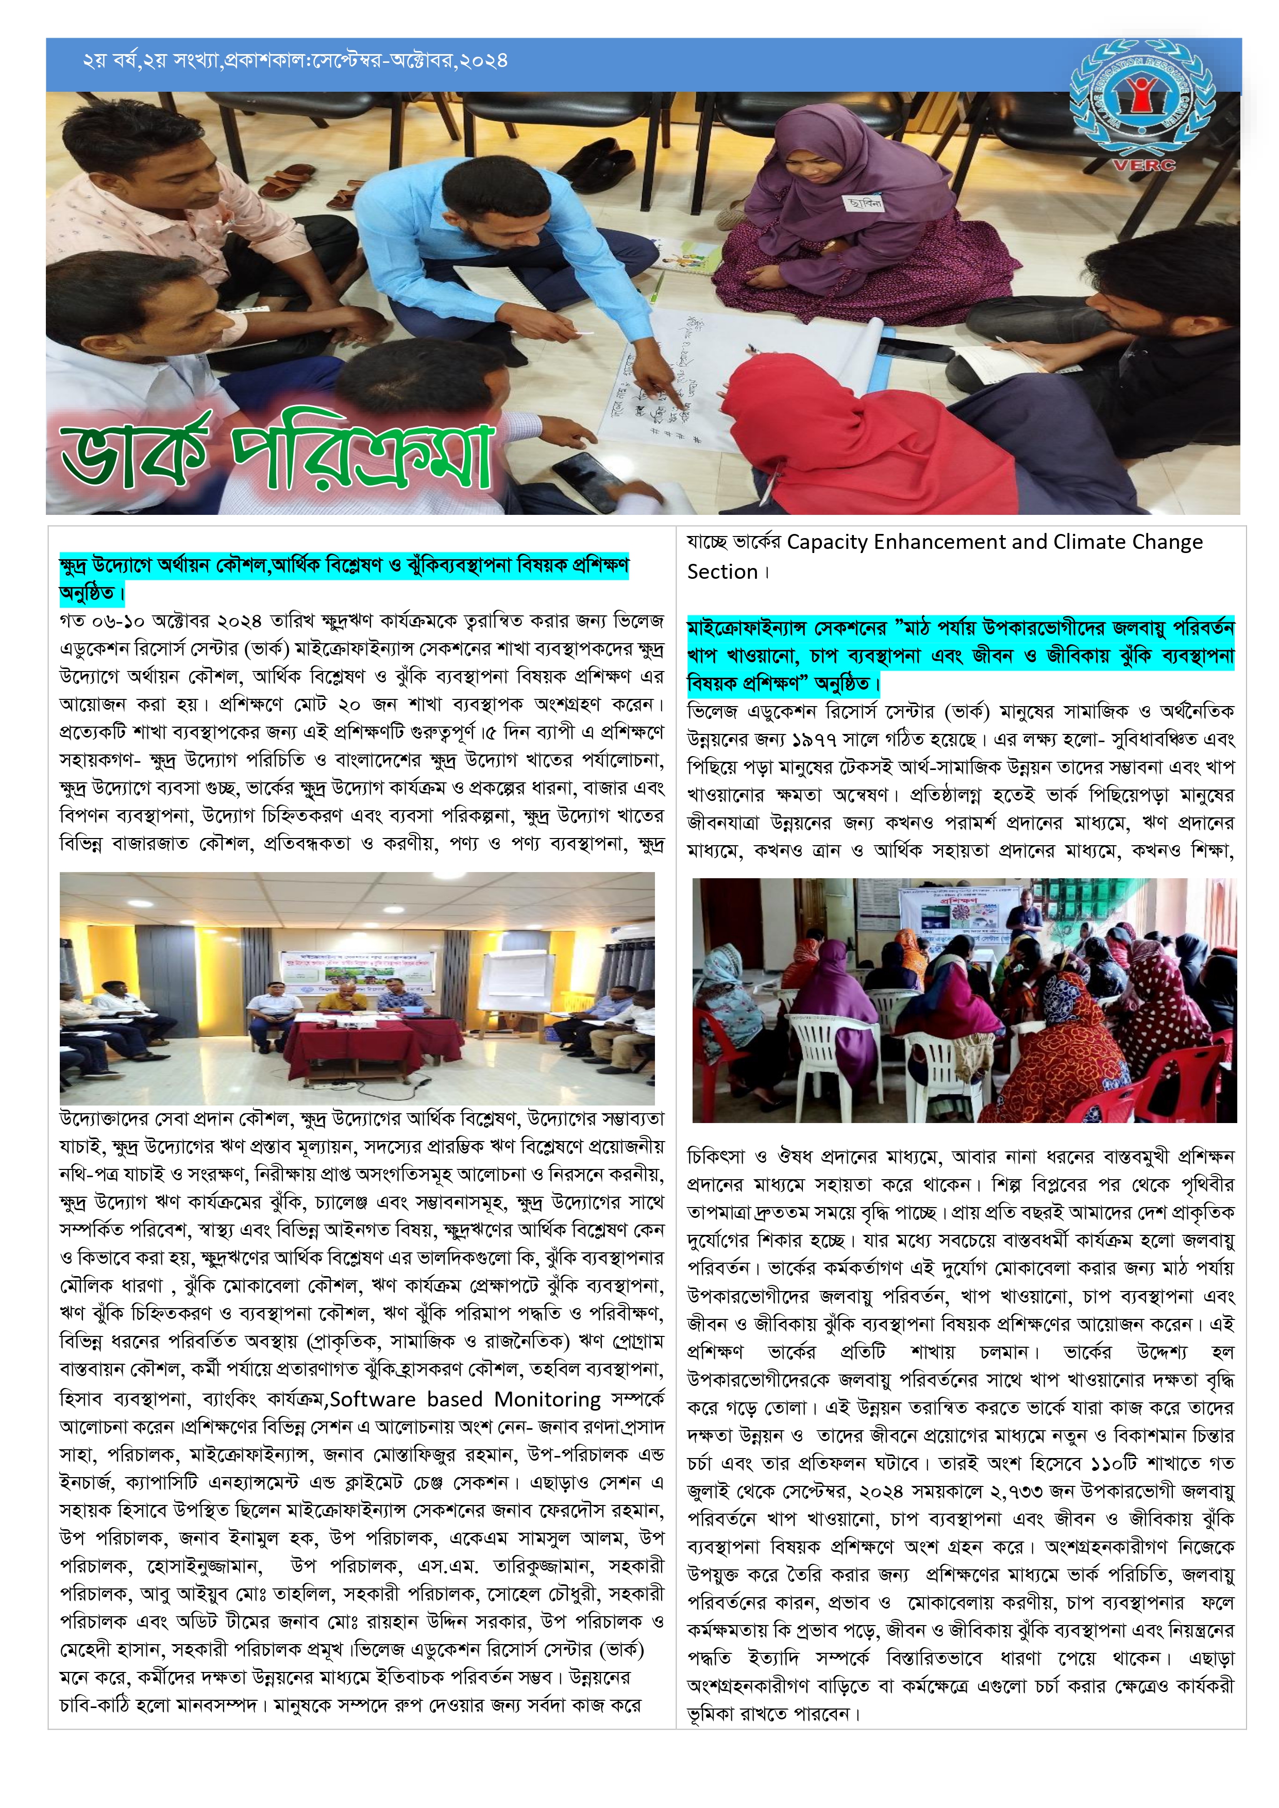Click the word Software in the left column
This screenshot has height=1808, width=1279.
373,1399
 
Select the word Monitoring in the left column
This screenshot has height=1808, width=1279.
547,1399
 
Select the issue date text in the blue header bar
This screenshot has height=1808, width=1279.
295,61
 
